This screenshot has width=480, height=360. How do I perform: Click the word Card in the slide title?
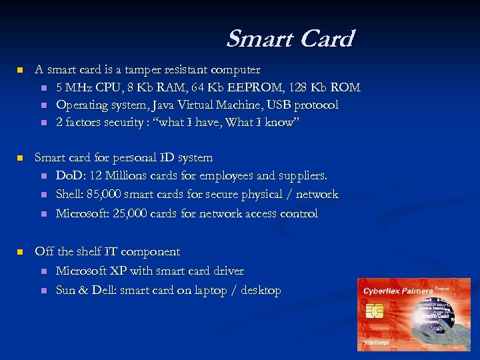327,39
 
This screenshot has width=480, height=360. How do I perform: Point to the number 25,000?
133,213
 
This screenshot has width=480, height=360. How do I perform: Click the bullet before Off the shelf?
20,252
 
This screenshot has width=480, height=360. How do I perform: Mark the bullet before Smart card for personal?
20,158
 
